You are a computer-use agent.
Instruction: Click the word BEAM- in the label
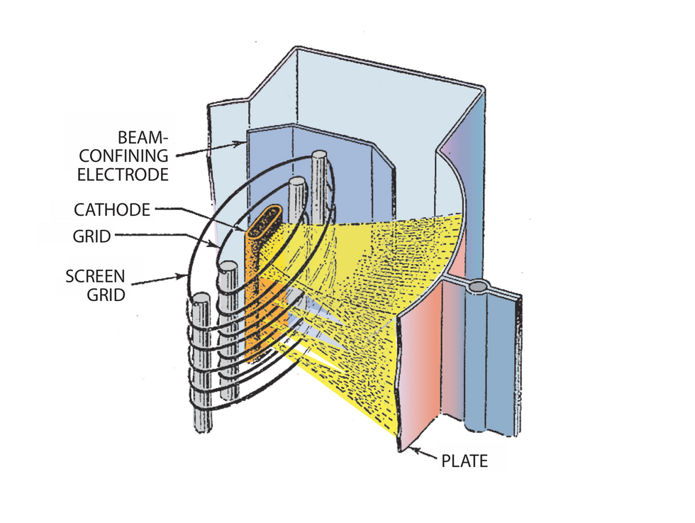coord(145,136)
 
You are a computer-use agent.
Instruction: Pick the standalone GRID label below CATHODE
coord(91,236)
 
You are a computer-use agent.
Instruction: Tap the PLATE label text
coord(465,461)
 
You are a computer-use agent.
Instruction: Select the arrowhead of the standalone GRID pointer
coord(221,246)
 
